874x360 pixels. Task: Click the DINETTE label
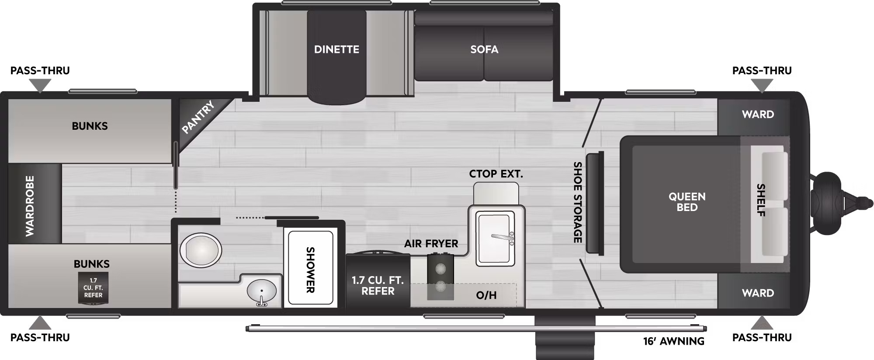(336, 49)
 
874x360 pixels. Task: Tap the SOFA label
(484, 49)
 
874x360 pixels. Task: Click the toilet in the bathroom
(201, 249)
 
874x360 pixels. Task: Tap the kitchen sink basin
(495, 238)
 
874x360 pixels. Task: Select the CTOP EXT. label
(496, 174)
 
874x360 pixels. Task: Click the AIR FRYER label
(431, 244)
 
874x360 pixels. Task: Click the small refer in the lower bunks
(93, 287)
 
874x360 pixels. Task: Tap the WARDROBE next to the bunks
(35, 204)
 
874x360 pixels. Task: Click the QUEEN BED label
(687, 202)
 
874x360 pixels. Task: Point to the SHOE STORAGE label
(578, 202)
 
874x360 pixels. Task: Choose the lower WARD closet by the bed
(754, 291)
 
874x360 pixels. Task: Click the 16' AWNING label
(674, 341)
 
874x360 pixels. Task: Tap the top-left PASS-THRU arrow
(40, 87)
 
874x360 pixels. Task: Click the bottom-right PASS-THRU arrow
(762, 322)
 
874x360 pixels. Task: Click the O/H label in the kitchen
(486, 295)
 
